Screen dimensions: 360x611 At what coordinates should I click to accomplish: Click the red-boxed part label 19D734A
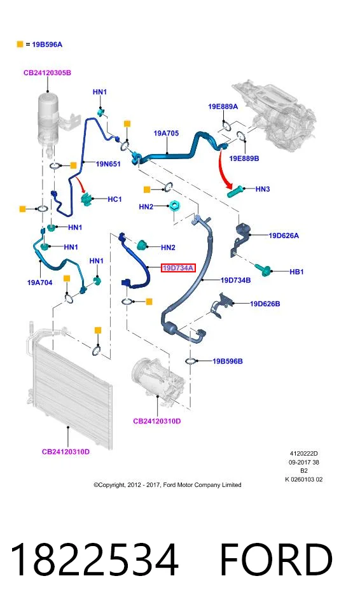[177, 268]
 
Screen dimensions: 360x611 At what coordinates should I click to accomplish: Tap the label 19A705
[166, 133]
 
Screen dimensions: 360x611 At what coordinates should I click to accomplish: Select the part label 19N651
[108, 164]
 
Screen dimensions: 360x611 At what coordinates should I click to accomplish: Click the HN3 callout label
[263, 189]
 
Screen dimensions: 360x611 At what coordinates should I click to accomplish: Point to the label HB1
[296, 272]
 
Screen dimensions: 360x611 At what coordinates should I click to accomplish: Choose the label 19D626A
[284, 235]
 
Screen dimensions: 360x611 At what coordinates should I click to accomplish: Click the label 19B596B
[228, 362]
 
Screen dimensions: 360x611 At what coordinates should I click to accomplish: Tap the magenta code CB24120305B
[47, 73]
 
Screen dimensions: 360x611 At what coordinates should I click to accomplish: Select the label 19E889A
[223, 106]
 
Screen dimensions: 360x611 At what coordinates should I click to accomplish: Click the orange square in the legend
[20, 44]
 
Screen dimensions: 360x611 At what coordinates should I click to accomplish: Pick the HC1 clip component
[88, 199]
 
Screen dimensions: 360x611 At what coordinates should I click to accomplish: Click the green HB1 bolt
[264, 270]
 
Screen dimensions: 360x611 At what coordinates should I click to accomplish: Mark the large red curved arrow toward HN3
[224, 169]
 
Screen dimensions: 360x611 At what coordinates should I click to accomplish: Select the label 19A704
[39, 283]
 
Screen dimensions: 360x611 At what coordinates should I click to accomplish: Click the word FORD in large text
[276, 559]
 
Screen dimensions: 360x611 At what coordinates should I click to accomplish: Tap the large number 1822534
[94, 559]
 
